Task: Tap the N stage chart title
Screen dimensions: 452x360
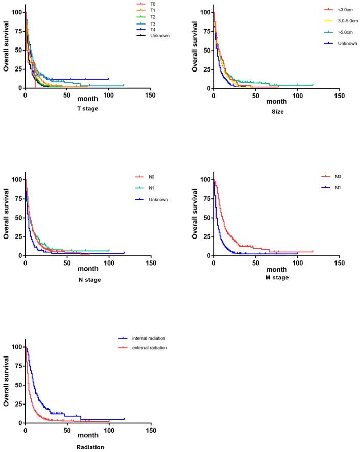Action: click(x=89, y=279)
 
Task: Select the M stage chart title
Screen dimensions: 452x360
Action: click(x=277, y=277)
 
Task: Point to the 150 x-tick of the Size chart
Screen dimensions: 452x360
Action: click(x=339, y=96)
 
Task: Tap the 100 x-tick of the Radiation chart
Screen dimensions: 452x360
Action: click(x=109, y=431)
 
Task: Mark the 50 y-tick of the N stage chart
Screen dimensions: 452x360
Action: click(x=19, y=218)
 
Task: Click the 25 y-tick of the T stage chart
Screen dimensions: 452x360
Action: click(x=19, y=69)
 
